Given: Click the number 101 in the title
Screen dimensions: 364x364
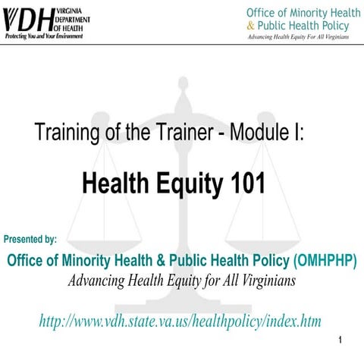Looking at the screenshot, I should click(x=246, y=182).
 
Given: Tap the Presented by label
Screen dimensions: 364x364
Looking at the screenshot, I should click(x=30, y=240).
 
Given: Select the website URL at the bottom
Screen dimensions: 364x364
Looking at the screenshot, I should click(x=180, y=322).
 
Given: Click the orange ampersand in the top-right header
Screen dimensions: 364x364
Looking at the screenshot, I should click(x=251, y=26).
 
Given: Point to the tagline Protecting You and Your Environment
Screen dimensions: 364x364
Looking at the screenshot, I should click(x=48, y=36).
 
